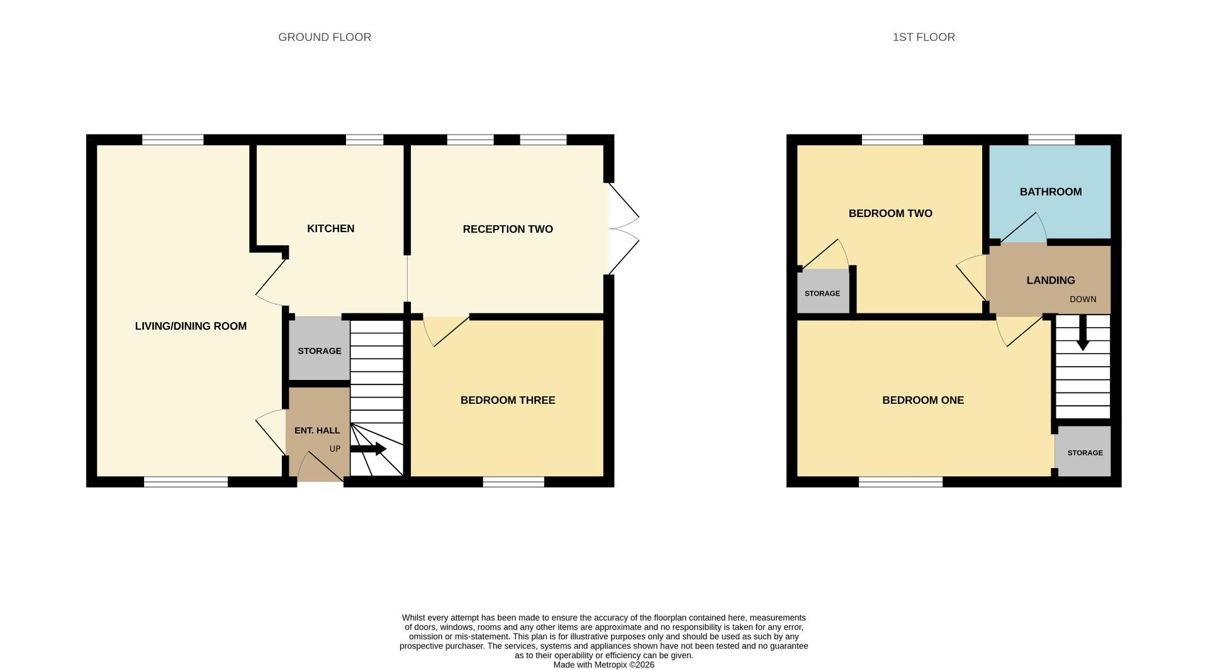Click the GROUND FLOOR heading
pyautogui.click(x=325, y=37)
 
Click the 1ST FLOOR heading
pyautogui.click(x=924, y=37)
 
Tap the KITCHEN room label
pyautogui.click(x=330, y=228)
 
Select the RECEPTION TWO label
pyautogui.click(x=508, y=229)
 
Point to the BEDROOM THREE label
pyautogui.click(x=508, y=400)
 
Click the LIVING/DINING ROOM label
pyautogui.click(x=191, y=326)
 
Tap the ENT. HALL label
pyautogui.click(x=317, y=430)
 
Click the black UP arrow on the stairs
pyautogui.click(x=369, y=449)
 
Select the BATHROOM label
pyautogui.click(x=1051, y=192)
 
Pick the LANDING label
pyautogui.click(x=1051, y=281)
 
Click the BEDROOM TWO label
pyautogui.click(x=890, y=213)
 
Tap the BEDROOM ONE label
pyautogui.click(x=923, y=400)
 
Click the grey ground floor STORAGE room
pyautogui.click(x=319, y=350)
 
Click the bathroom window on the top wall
pyautogui.click(x=1051, y=140)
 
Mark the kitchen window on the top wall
pyautogui.click(x=364, y=140)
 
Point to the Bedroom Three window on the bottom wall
pyautogui.click(x=513, y=482)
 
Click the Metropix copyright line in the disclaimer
pyautogui.click(x=603, y=665)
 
